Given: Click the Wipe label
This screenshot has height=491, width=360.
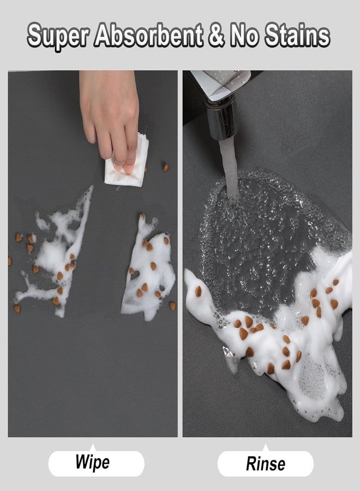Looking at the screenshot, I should coord(92,463).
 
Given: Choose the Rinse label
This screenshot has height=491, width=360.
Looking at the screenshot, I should coord(266,464).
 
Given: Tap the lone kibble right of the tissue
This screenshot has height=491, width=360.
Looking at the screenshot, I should coord(165,167).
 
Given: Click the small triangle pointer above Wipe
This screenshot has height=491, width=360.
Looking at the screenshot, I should coord(92,444).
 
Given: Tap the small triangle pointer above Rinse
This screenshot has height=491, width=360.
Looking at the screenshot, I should coord(266,445).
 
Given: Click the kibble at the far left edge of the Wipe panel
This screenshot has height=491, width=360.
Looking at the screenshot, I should coord(9,261).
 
